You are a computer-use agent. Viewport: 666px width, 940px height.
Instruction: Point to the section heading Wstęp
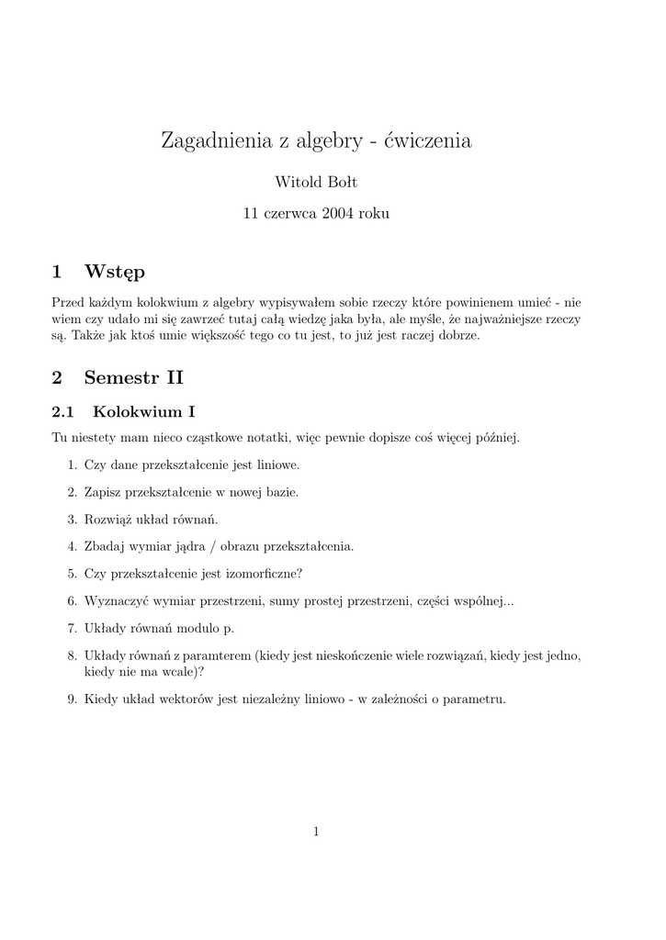[x=115, y=272]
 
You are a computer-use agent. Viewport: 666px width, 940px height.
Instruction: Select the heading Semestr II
[x=134, y=376]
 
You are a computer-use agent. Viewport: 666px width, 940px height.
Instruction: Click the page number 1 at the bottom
[x=316, y=832]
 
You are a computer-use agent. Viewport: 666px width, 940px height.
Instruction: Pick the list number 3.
[x=71, y=519]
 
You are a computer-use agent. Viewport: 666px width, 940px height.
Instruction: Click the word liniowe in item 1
[x=277, y=464]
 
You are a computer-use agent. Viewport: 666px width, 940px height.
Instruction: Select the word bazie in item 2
[x=282, y=492]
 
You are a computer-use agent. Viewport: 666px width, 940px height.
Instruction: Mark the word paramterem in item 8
[x=219, y=656]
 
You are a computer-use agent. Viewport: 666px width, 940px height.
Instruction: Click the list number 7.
[x=71, y=629]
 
